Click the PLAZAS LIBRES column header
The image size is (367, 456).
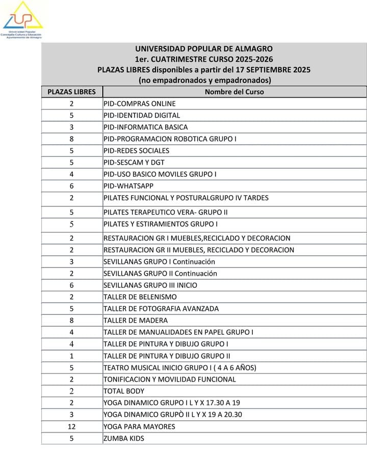71,92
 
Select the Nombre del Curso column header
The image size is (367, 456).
234,92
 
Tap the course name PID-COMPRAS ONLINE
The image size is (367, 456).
139,104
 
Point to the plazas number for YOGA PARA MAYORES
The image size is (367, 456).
72,426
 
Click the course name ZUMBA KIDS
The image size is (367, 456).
124,438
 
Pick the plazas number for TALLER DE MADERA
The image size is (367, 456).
72,320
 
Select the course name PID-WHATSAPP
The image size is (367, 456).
128,186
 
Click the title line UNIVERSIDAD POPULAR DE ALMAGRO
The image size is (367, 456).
204,49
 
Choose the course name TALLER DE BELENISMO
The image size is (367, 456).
140,297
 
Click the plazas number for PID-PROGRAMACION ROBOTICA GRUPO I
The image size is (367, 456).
72,139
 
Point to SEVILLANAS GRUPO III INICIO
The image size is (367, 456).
150,285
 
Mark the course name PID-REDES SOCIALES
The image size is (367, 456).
136,151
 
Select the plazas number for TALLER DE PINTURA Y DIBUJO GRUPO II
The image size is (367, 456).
72,356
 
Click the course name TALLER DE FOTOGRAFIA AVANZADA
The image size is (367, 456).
161,309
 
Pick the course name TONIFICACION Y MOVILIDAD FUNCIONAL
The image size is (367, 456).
170,379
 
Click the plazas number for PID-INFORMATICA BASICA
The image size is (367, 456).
72,127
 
